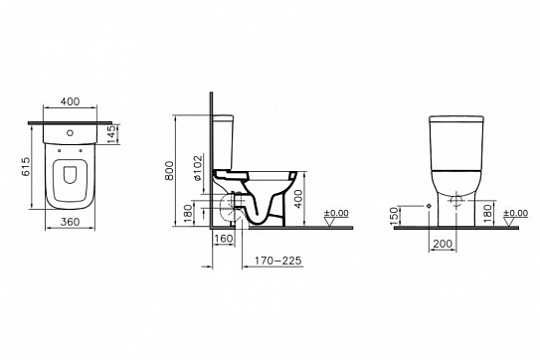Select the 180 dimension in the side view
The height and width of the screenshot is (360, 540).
(x=189, y=211)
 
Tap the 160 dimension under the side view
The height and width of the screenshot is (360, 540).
(x=223, y=240)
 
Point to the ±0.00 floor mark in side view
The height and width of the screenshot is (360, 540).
(x=336, y=213)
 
